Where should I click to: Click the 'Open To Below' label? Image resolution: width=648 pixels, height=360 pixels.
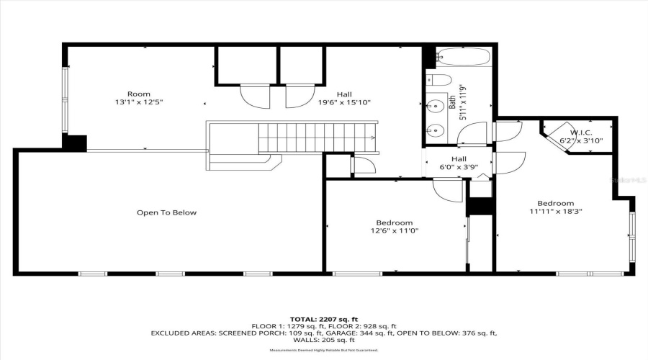166,212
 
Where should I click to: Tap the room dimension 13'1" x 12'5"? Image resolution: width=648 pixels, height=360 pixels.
139,102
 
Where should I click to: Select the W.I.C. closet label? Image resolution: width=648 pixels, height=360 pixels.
581,132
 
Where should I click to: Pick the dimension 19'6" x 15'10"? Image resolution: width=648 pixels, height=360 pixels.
343,102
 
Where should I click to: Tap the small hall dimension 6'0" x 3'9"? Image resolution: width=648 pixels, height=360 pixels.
459,167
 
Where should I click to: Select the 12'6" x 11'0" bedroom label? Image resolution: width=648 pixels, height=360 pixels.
394,231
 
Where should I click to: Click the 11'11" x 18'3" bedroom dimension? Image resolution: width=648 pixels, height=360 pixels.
555,212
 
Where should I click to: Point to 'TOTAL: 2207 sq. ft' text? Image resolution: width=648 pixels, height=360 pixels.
323,318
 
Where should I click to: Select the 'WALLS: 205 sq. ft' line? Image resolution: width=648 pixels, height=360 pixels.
323,341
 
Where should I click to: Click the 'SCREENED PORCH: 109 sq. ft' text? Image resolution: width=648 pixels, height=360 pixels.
281,333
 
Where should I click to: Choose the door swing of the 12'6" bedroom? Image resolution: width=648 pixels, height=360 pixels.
448,191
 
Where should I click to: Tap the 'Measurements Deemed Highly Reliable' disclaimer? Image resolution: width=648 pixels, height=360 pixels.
323,351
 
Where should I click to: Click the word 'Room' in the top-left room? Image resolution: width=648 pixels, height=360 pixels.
139,94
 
